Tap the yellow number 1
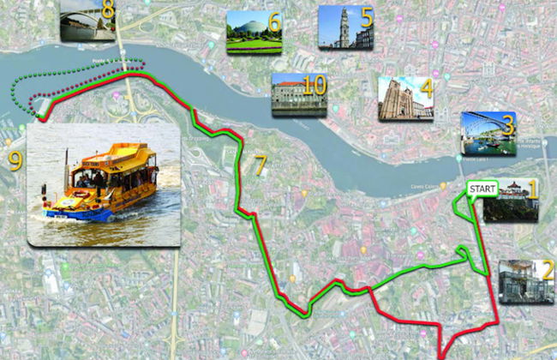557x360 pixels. pos(531,189)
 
